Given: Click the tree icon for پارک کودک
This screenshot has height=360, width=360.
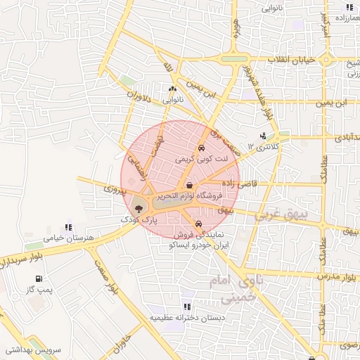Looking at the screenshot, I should pyautogui.click(x=137, y=209).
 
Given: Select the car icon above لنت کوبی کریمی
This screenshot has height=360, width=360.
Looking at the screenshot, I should pyautogui.click(x=202, y=149).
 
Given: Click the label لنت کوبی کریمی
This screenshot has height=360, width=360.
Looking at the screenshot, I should pyautogui.click(x=202, y=160).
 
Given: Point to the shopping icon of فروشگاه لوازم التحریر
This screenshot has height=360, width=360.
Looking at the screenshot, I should pyautogui.click(x=190, y=185).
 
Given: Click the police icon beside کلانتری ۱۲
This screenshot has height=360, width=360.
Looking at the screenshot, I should pyautogui.click(x=263, y=136).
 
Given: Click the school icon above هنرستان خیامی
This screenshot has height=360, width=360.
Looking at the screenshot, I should pyautogui.click(x=68, y=227).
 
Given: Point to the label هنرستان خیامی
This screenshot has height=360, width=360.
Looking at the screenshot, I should pyautogui.click(x=68, y=238).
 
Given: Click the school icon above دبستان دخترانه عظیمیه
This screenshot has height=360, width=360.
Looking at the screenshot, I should pyautogui.click(x=186, y=307).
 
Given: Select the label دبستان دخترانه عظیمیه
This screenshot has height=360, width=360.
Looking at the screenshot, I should pyautogui.click(x=186, y=318).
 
